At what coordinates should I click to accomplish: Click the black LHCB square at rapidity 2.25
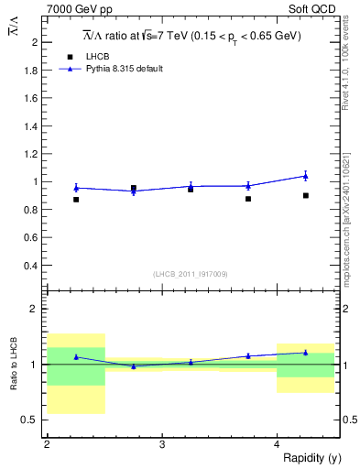(x=76, y=199)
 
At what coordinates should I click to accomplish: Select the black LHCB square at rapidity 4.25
(x=306, y=195)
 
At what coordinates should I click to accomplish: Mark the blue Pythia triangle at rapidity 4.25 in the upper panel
(x=306, y=176)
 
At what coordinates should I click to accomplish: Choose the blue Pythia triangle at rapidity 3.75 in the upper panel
(x=248, y=186)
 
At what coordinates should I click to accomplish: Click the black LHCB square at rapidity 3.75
(x=248, y=199)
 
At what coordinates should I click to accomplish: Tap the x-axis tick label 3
(x=161, y=443)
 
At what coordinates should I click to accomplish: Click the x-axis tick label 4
(x=277, y=443)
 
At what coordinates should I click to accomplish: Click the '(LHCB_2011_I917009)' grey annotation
(x=190, y=274)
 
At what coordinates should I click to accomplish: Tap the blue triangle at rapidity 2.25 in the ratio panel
(x=76, y=357)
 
